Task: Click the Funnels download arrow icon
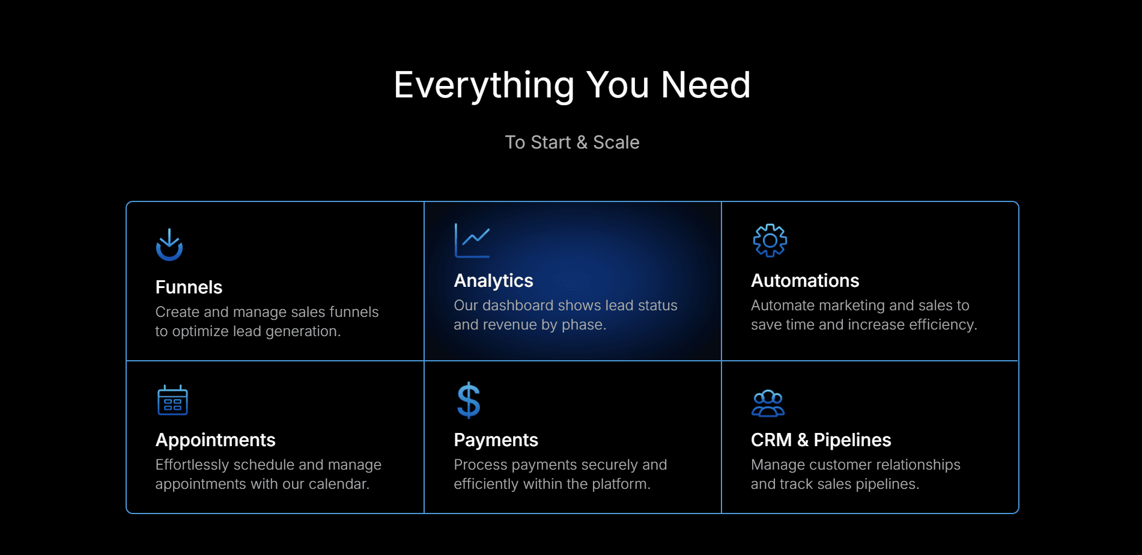pos(169,245)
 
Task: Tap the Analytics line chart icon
pos(472,241)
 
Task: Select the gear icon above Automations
pos(770,241)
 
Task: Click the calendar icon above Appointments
pos(172,400)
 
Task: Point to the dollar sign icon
pos(469,400)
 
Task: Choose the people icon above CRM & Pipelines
pos(768,403)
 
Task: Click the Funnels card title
pos(189,287)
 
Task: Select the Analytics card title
pos(493,281)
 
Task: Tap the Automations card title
pos(805,281)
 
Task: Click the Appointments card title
pos(215,440)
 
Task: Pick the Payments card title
pos(496,440)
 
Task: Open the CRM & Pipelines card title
pos(821,440)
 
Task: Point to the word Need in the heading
pos(706,85)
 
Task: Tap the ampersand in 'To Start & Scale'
pos(582,143)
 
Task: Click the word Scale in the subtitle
pos(616,143)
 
